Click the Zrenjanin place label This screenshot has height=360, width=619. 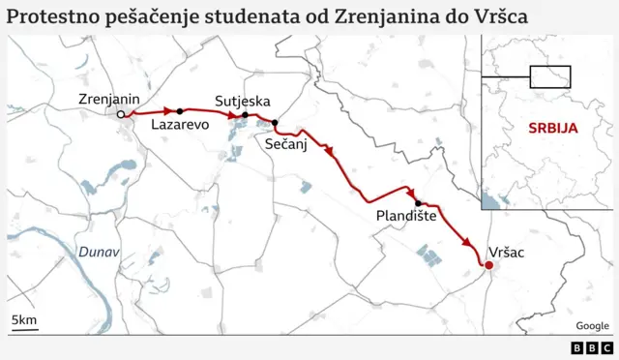pyautogui.click(x=109, y=100)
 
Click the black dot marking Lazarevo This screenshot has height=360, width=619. pyautogui.click(x=180, y=111)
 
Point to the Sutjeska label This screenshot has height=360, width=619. pyautogui.click(x=242, y=101)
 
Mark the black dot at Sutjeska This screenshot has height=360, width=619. pyautogui.click(x=246, y=115)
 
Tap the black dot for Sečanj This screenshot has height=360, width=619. pyautogui.click(x=275, y=123)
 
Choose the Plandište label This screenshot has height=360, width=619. pyautogui.click(x=406, y=218)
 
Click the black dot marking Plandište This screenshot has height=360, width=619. pyautogui.click(x=418, y=203)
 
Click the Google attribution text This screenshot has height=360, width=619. pyautogui.click(x=592, y=326)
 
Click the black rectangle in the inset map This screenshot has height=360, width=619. pyautogui.click(x=550, y=76)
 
